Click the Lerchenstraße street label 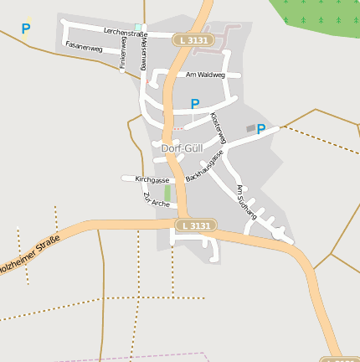coord(125,33)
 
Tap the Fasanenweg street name coord(83,49)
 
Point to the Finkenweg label coord(122,52)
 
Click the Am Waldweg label coord(206,75)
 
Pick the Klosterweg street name coord(218,127)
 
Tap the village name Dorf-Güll coord(181,148)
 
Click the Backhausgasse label coord(205,167)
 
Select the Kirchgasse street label coord(152,179)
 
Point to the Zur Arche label coord(156,199)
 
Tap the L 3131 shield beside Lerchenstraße coord(194,39)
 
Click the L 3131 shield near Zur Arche coord(196,225)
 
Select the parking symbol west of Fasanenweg coord(26,28)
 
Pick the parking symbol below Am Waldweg coord(195,104)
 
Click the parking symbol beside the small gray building coord(261,129)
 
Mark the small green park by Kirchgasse coord(167,194)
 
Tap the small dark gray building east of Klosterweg coord(250,127)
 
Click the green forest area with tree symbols coord(318,17)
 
